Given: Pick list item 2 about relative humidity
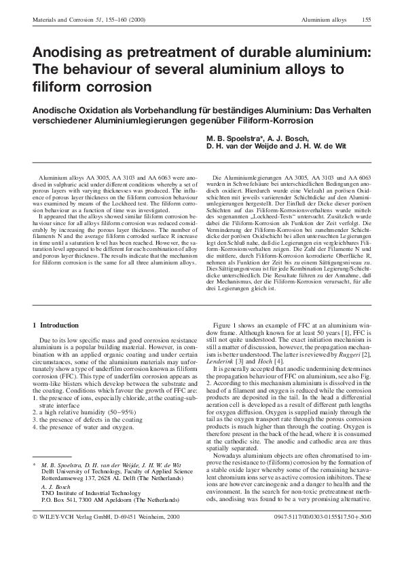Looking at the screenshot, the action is click(78, 400).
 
